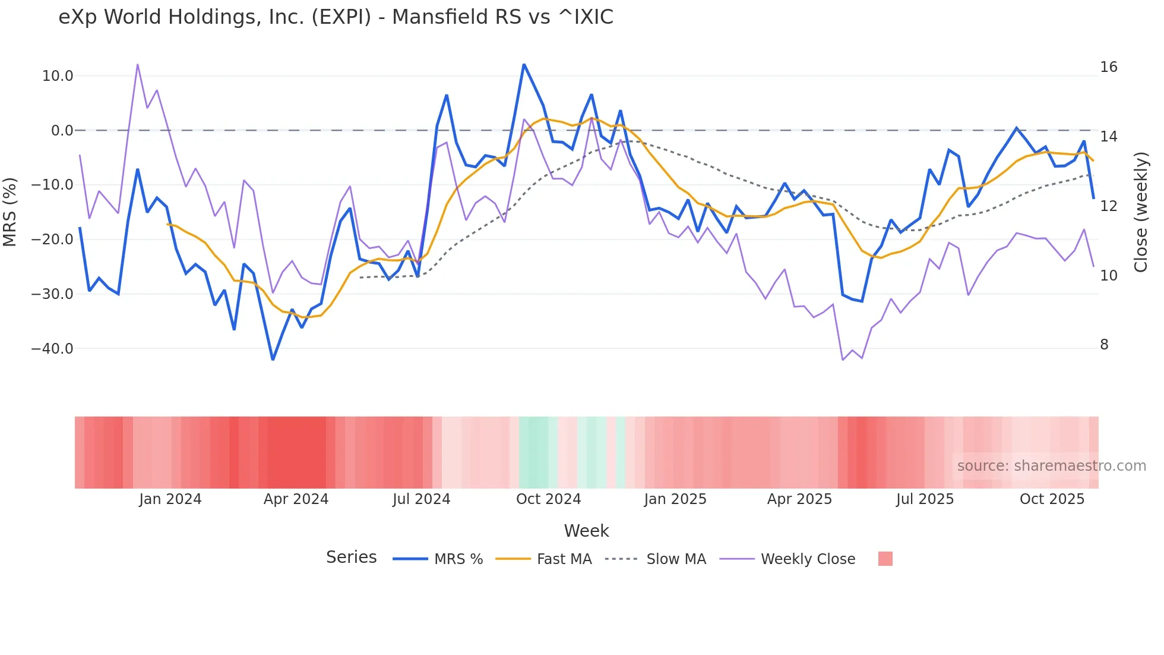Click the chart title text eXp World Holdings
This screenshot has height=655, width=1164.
(336, 17)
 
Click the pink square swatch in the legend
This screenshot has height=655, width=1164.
(885, 559)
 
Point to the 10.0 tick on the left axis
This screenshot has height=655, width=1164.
(58, 76)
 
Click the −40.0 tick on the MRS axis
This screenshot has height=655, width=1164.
(52, 349)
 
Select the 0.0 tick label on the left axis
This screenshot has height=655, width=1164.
(62, 131)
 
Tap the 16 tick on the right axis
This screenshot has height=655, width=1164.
(1108, 67)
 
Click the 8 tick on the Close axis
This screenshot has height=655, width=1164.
(1104, 345)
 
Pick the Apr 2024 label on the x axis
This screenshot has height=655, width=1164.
(296, 499)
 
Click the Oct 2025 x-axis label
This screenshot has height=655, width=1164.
(1052, 499)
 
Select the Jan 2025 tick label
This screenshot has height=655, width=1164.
(675, 499)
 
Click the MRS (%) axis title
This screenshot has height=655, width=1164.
(10, 212)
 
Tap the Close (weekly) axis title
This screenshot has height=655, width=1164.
(1141, 212)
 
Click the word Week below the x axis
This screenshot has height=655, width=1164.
(586, 531)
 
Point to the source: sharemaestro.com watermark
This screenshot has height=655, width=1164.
(1051, 466)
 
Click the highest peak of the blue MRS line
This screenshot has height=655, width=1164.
(524, 64)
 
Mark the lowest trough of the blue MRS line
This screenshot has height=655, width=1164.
(273, 360)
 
